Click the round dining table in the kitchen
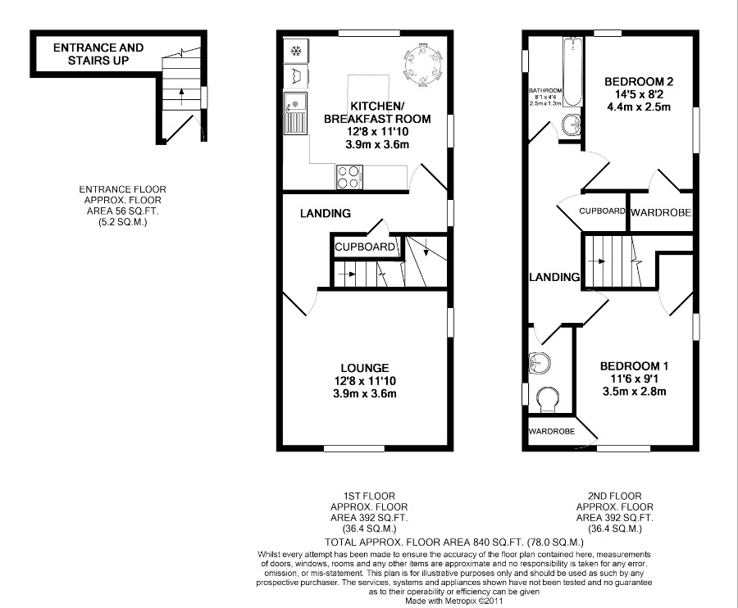423,65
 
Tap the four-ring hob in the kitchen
349,177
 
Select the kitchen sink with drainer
295,113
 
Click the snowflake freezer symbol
296,50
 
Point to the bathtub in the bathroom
573,72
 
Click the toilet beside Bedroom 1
547,400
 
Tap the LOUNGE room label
365,368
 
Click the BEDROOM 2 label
639,81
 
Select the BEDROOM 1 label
634,365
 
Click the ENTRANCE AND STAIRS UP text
98,54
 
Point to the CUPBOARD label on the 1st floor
365,247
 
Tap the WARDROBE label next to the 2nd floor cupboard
661,212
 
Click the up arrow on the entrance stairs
182,96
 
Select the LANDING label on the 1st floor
326,214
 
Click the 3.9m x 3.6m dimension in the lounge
365,393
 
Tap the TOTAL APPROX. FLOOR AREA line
454,542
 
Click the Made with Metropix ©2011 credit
454,601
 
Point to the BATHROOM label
545,91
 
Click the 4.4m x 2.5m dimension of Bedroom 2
639,107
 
